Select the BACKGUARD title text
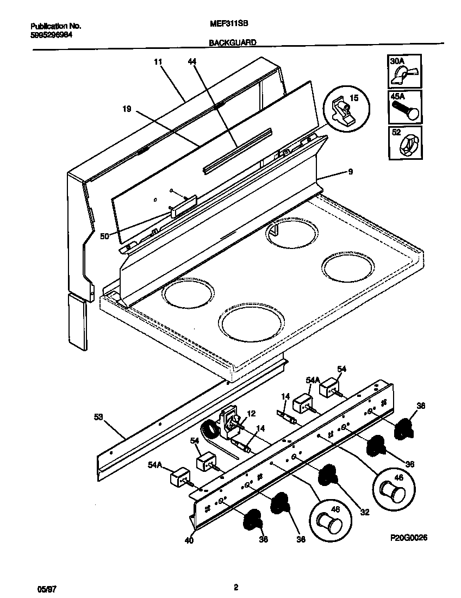click(232, 42)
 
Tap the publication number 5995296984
click(52, 34)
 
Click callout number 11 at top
click(158, 63)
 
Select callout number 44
click(191, 63)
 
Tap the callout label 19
click(126, 109)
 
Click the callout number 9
click(350, 172)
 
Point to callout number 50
click(104, 236)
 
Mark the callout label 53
click(98, 417)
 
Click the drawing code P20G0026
click(409, 538)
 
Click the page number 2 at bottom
click(235, 587)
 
